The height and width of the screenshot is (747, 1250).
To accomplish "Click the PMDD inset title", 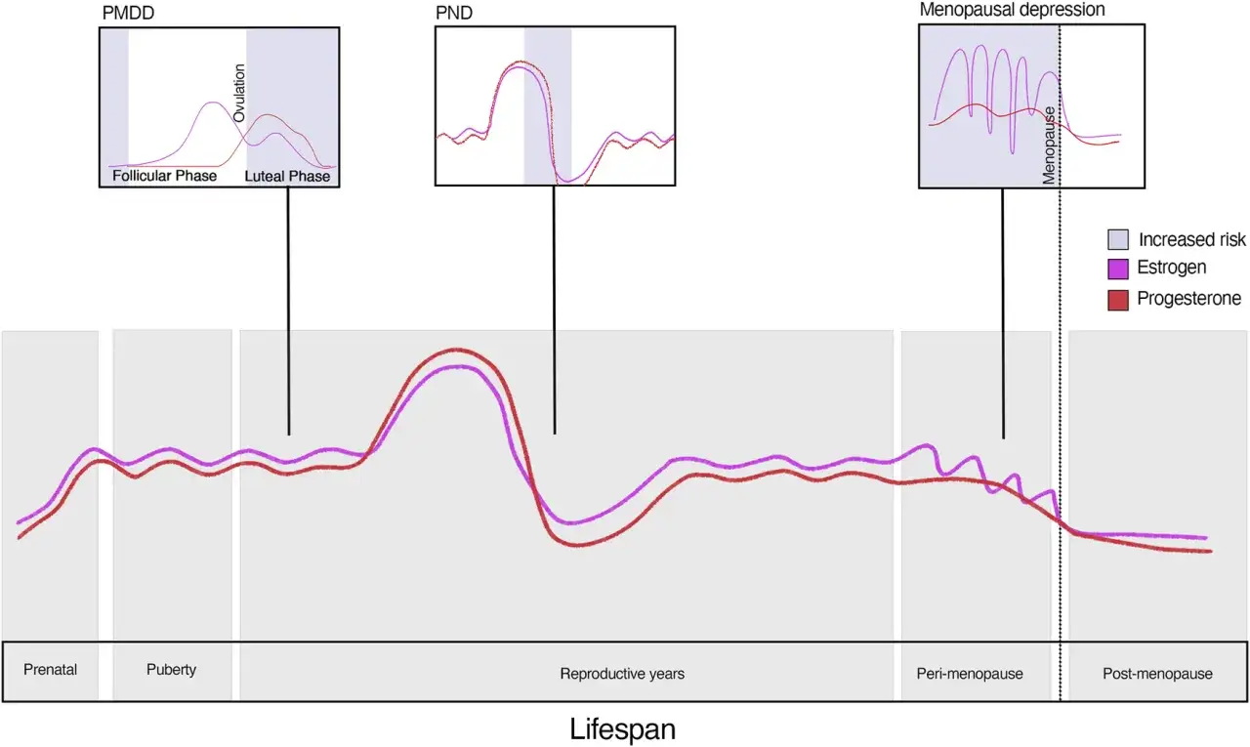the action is coord(128,13).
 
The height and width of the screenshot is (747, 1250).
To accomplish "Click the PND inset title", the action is coord(454,13).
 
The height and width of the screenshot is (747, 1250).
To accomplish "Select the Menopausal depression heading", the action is coord(1012,10).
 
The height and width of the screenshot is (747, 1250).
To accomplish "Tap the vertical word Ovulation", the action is coord(239,93).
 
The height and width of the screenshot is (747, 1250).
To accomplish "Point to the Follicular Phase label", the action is coord(165,176).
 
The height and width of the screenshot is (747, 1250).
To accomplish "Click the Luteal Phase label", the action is coord(287,177).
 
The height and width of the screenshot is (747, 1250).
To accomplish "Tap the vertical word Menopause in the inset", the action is coord(1049,145).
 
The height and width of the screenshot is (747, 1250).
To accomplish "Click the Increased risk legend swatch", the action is coord(1118,239).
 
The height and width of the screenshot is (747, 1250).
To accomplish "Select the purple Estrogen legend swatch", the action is coord(1118,269).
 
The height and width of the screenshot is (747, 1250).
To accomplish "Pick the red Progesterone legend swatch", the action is coord(1118,300).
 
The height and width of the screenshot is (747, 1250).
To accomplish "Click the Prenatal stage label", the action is coord(50,670).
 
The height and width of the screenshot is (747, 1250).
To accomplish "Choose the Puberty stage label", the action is coord(171,670).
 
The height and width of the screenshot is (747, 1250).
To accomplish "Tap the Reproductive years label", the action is coord(622,674).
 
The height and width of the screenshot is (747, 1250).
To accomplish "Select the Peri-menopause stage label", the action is coord(970,674).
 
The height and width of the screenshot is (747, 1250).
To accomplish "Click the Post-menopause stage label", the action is coord(1157,674).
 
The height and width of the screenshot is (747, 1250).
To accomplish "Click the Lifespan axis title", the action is coord(622,728).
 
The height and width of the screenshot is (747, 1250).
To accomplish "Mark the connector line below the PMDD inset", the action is coord(288,311).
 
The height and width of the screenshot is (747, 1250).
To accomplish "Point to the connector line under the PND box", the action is coord(554,310).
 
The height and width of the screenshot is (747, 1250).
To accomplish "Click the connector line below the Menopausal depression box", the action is coord(1003,313).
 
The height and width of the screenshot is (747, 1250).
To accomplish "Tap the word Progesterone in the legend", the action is coord(1189,299).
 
